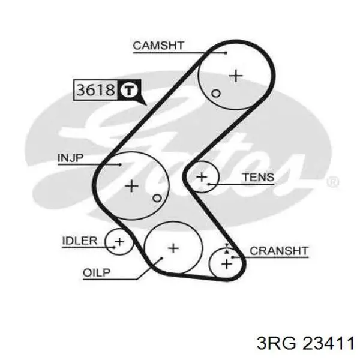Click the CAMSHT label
158,46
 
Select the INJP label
70,158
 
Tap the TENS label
258,177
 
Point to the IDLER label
80,241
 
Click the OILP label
97,273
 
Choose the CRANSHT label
279,251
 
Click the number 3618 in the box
95,90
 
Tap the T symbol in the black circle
129,90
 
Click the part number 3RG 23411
305,343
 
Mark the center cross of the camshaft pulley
236,76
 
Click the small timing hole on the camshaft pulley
216,94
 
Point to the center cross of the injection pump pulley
131,186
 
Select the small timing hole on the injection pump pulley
157,198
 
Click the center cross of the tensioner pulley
202,177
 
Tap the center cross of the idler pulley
119,242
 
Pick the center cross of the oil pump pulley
173,248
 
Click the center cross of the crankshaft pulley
227,264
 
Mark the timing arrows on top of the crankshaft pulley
227,248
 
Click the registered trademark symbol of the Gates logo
332,182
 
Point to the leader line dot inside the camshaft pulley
226,53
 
